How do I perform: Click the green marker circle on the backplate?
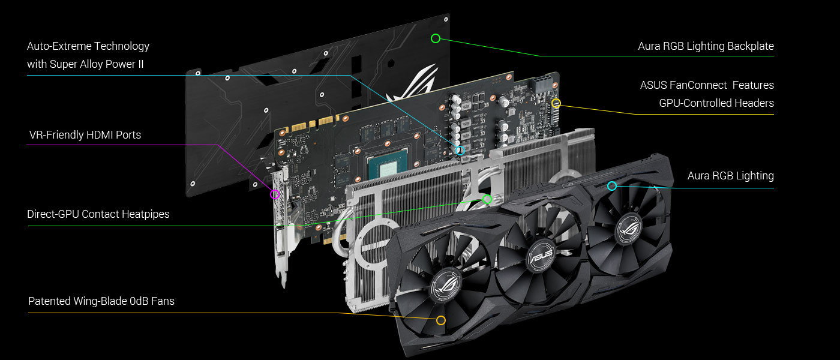click(436, 34)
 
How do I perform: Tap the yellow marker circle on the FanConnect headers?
click(556, 99)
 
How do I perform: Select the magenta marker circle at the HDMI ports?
click(275, 190)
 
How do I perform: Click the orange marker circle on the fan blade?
click(441, 316)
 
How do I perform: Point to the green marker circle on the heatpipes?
click(487, 195)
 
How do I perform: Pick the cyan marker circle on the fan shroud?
click(611, 181)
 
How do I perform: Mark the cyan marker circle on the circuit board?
click(460, 146)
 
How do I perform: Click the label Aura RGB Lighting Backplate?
click(706, 46)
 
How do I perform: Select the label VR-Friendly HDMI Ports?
click(85, 135)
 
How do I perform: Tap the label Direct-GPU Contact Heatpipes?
click(98, 214)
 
